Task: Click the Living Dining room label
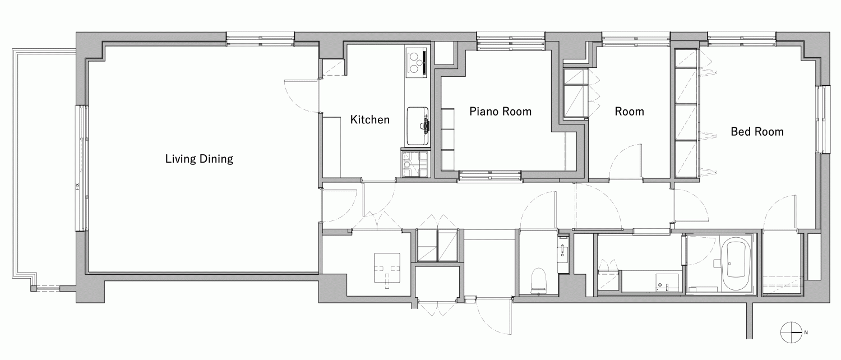(199, 159)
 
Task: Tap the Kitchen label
(370, 120)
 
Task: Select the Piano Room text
(501, 112)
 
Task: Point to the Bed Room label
(757, 132)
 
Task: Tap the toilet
(539, 280)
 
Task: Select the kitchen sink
(418, 126)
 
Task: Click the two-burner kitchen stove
(416, 63)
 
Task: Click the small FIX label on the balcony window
(78, 186)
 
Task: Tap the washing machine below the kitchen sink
(415, 164)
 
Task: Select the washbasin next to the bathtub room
(667, 282)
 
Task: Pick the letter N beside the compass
(806, 333)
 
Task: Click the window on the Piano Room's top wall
(511, 41)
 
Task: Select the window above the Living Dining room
(260, 39)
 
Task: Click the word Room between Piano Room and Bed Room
(629, 112)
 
